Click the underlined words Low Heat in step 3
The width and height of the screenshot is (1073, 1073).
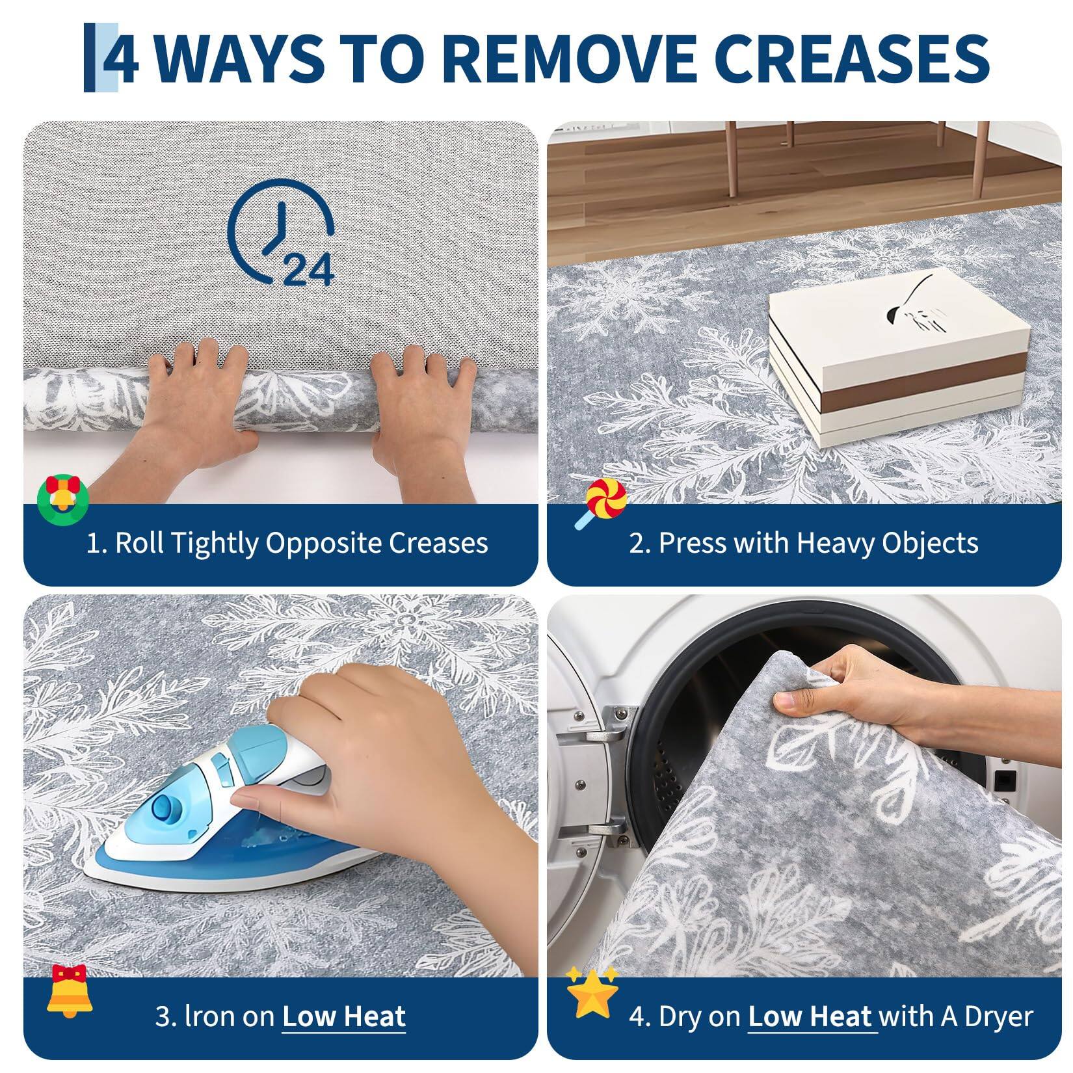point(344,1016)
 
